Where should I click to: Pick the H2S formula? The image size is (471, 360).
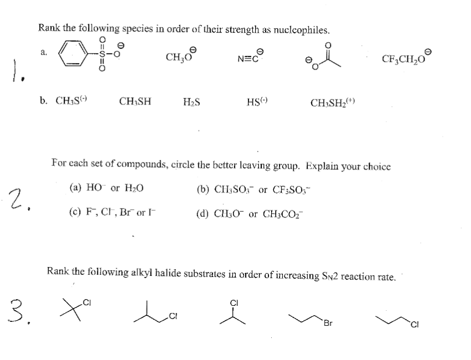(191, 102)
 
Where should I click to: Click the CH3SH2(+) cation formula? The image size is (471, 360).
(332, 102)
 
